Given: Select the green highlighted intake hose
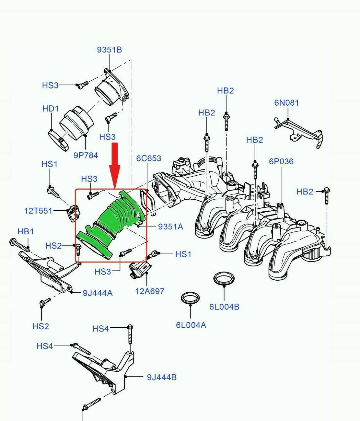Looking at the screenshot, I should pyautogui.click(x=110, y=224).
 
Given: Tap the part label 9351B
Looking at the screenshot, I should pyautogui.click(x=110, y=50).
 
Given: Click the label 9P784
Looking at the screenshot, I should pyautogui.click(x=86, y=156).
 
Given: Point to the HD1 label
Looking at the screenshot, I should pyautogui.click(x=51, y=109).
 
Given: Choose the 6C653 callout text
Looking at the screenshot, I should pyautogui.click(x=148, y=158).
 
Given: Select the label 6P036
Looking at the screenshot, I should pyautogui.click(x=281, y=161).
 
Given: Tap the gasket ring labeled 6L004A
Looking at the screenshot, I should pyautogui.click(x=190, y=298).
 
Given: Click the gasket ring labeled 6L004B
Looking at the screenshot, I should pyautogui.click(x=224, y=279).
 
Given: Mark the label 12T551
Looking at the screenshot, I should pyautogui.click(x=38, y=211).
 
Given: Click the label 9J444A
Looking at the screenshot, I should pyautogui.click(x=98, y=293).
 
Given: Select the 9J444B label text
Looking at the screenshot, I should pyautogui.click(x=162, y=377).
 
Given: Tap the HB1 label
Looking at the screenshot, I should pyautogui.click(x=26, y=231).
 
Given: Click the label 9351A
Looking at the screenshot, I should pyautogui.click(x=170, y=227).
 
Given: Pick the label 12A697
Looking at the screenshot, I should pyautogui.click(x=150, y=291).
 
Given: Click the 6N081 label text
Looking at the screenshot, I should pyautogui.click(x=286, y=103).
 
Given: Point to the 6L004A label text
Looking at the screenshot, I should pyautogui.click(x=191, y=325).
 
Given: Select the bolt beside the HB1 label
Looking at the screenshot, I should pyautogui.click(x=19, y=245).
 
